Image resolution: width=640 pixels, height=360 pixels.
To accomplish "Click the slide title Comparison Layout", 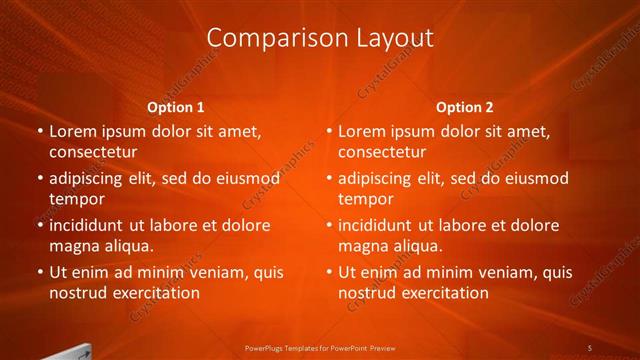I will point(320,38).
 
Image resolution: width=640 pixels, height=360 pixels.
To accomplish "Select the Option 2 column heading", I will point(464,107).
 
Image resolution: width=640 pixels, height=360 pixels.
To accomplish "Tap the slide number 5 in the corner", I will point(590,347).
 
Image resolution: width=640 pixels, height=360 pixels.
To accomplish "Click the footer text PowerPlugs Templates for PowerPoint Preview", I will point(320,347).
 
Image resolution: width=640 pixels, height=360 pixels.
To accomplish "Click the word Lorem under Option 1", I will point(72,131).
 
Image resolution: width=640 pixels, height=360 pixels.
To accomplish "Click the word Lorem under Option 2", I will point(361,131).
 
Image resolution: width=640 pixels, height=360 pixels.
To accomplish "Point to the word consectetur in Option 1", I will point(93,152).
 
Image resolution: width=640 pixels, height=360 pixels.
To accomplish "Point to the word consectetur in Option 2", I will point(382,152).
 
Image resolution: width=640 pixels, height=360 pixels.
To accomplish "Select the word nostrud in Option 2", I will point(365,293).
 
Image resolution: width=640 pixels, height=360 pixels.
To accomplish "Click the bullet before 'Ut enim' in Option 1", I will point(39,272).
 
